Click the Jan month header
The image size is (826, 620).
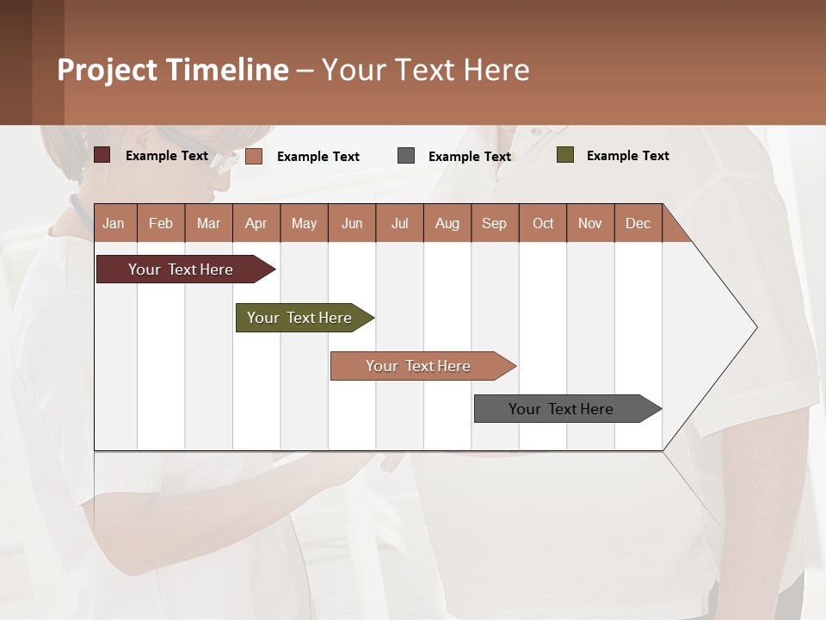114,223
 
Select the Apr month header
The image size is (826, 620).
256,223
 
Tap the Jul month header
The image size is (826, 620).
399,223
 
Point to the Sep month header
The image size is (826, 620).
495,223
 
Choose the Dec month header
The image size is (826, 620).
638,223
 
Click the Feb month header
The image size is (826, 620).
161,223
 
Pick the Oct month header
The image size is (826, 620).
543,223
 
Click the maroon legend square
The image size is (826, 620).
102,155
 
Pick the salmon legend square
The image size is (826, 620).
254,156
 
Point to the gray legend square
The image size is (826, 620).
406,155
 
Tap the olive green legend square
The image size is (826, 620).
565,155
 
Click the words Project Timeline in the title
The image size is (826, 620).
173,70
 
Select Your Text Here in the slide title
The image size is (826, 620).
426,70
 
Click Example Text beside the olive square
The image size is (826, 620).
627,156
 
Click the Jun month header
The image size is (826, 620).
352,223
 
